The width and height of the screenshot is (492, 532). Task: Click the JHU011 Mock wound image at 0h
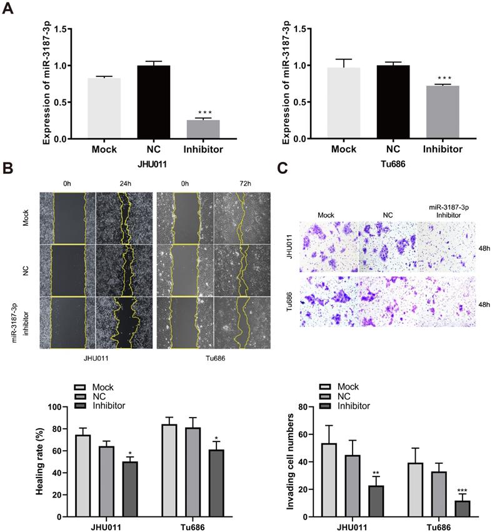68,218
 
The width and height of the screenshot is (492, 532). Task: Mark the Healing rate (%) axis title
39,461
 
